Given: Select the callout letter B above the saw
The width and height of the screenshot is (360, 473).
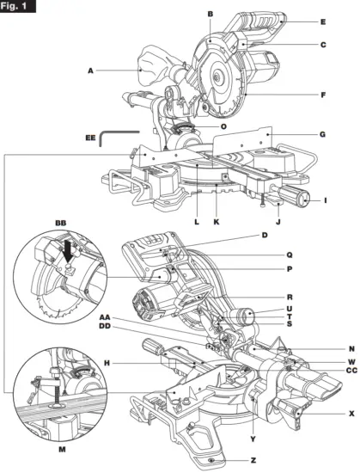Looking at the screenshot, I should click(210, 14).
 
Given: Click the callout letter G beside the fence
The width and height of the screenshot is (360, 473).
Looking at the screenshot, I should click(298, 134).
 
